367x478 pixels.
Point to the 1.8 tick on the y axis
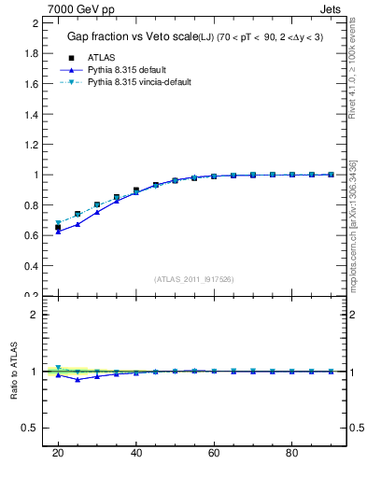[30, 53]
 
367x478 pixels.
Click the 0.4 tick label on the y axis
[30, 266]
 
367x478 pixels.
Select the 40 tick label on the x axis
[135, 453]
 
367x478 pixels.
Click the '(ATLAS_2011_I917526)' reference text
[193, 279]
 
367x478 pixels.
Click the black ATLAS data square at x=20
[58, 227]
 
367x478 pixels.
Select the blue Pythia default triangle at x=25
[78, 224]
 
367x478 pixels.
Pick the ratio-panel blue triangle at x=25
[78, 379]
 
